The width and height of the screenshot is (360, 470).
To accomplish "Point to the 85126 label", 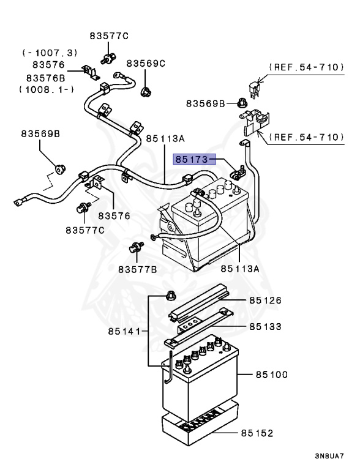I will click(265, 300).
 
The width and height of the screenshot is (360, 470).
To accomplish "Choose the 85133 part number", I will click(265, 326).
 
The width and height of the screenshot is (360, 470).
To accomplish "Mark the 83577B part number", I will click(138, 269).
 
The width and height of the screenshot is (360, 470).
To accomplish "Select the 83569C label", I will click(146, 63).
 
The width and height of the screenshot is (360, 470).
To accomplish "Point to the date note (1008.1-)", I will click(47, 89).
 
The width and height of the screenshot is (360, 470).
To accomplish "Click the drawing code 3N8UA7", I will click(330, 456).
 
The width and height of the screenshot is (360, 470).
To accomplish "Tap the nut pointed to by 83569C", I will click(146, 92).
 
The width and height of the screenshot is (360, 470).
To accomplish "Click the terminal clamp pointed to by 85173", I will click(234, 173).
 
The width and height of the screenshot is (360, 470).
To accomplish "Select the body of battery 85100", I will click(202, 386).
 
